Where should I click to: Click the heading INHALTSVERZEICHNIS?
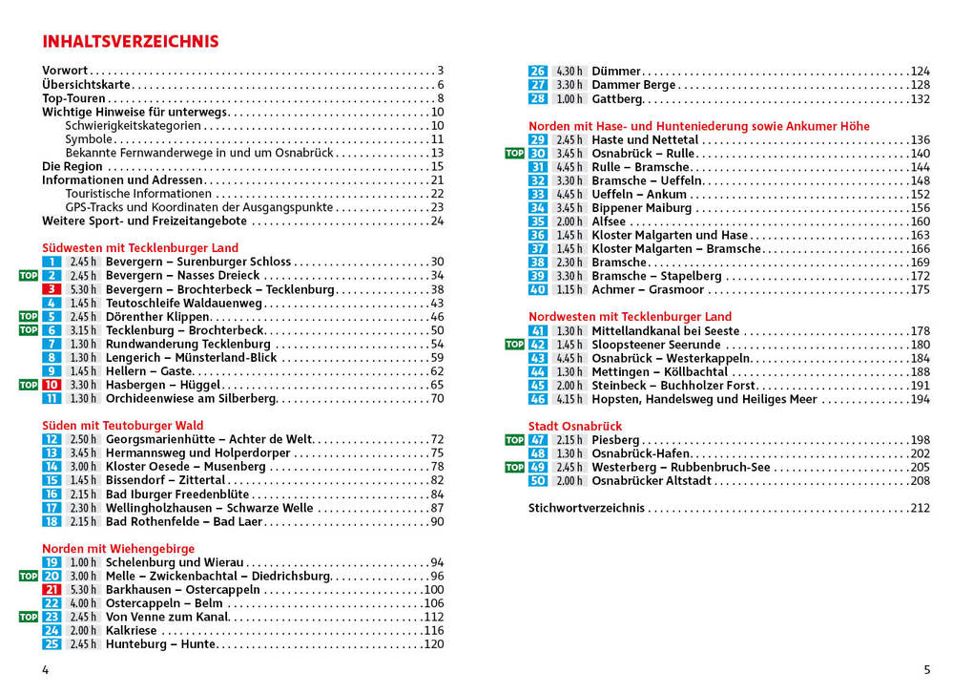131,42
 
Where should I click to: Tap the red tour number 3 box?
52,289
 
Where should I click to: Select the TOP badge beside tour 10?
29,385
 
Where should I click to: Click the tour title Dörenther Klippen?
157,317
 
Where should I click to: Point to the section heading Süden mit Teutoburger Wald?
122,426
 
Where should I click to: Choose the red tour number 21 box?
52,590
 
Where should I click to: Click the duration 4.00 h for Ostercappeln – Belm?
83,603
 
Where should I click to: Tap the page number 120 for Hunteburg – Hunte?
433,644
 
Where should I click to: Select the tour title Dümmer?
616,72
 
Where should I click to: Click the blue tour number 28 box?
538,98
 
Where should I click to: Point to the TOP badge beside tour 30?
514,153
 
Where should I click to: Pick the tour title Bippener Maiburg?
641,208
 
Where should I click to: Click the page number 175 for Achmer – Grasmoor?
920,290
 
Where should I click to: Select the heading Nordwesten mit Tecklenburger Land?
630,317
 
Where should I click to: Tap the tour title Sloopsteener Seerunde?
655,345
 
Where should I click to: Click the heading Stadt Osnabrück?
574,426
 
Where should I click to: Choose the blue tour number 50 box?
538,481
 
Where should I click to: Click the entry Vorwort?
65,71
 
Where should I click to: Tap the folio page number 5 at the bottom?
926,670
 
